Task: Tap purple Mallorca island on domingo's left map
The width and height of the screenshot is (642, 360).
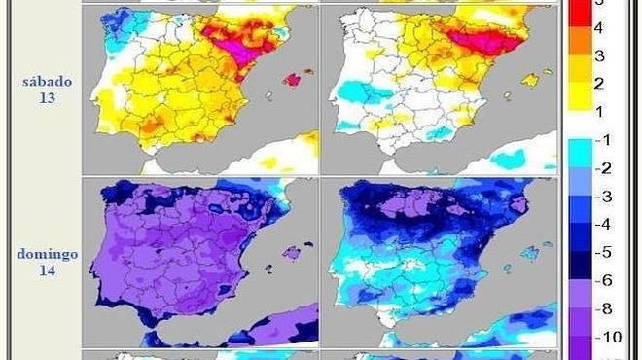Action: pos(290,254)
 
